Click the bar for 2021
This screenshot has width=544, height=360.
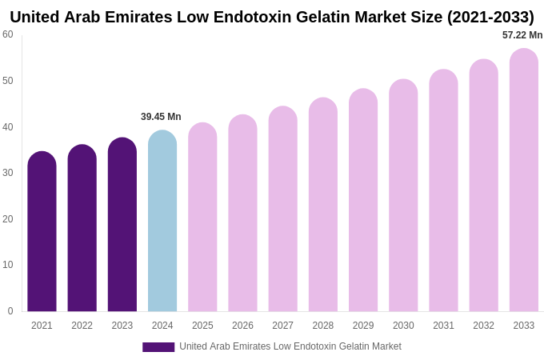(x=42, y=232)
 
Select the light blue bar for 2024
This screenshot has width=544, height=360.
(x=162, y=222)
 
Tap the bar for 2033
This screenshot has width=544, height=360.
(x=524, y=180)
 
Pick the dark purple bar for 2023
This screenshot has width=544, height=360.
(x=122, y=225)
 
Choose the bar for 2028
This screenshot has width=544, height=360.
(x=323, y=205)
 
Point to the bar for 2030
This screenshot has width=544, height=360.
(x=403, y=196)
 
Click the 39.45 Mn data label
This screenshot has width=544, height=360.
(x=161, y=117)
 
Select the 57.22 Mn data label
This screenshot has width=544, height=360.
(x=522, y=35)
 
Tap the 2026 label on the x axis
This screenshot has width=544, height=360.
(x=242, y=326)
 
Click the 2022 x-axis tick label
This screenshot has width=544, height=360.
(x=82, y=326)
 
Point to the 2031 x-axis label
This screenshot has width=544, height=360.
(x=443, y=326)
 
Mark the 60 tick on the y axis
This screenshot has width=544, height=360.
(x=8, y=34)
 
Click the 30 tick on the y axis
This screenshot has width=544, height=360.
(x=8, y=173)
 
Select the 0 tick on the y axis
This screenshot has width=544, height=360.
(x=10, y=311)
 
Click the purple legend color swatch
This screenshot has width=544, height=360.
(x=158, y=347)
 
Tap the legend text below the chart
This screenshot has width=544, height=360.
(x=290, y=346)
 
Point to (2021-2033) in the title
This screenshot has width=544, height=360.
(x=490, y=17)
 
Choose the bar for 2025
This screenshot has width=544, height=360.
(x=202, y=218)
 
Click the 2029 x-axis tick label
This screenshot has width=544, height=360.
(x=363, y=326)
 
